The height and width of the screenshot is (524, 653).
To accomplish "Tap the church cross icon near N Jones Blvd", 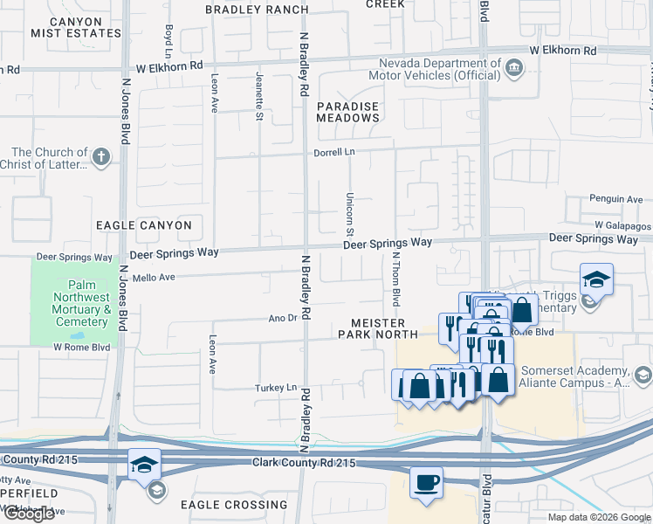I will [x=101, y=157].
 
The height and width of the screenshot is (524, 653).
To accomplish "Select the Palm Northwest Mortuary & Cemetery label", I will [x=76, y=304].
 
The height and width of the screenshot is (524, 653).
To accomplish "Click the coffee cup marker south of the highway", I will [x=426, y=483].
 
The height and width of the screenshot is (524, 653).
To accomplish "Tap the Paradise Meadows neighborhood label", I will [x=347, y=112].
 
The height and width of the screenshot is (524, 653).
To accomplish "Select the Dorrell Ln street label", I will [x=336, y=152].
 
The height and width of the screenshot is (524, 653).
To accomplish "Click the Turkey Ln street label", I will [x=277, y=388].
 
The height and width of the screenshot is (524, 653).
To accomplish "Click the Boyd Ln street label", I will [x=168, y=36].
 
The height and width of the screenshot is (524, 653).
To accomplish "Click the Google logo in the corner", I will [x=29, y=514].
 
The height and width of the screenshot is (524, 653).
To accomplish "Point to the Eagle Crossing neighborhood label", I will [x=233, y=505].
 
